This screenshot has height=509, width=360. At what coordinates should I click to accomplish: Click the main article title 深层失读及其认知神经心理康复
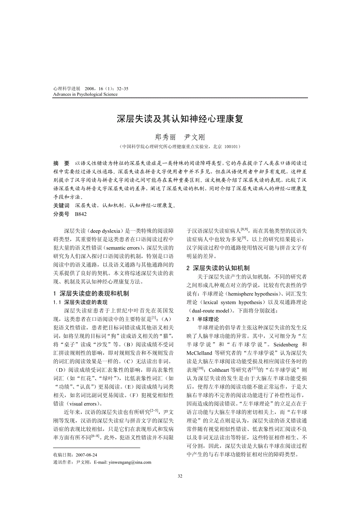180,119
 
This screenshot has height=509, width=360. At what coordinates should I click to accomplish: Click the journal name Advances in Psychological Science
85,94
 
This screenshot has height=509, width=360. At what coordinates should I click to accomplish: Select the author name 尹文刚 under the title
194,137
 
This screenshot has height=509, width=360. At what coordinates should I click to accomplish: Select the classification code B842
81,214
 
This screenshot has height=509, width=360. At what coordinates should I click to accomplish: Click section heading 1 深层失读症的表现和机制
91,293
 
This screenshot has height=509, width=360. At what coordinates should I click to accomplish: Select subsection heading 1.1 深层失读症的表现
80,302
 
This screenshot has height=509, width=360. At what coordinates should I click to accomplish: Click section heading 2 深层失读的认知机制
218,268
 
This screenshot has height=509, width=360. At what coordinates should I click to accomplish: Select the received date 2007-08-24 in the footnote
86,455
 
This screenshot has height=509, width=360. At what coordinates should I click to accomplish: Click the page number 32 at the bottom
180,476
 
